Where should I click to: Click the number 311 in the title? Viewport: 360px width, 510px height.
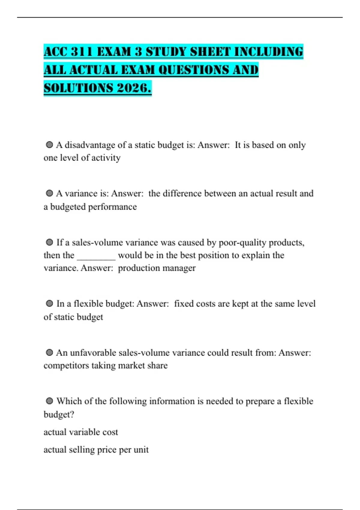click(82, 52)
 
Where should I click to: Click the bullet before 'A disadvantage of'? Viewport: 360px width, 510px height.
click(49, 145)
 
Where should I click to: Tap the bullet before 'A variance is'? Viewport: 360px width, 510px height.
click(49, 193)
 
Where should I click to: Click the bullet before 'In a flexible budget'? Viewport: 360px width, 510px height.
click(49, 304)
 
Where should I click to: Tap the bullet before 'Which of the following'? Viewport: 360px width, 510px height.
click(49, 401)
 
